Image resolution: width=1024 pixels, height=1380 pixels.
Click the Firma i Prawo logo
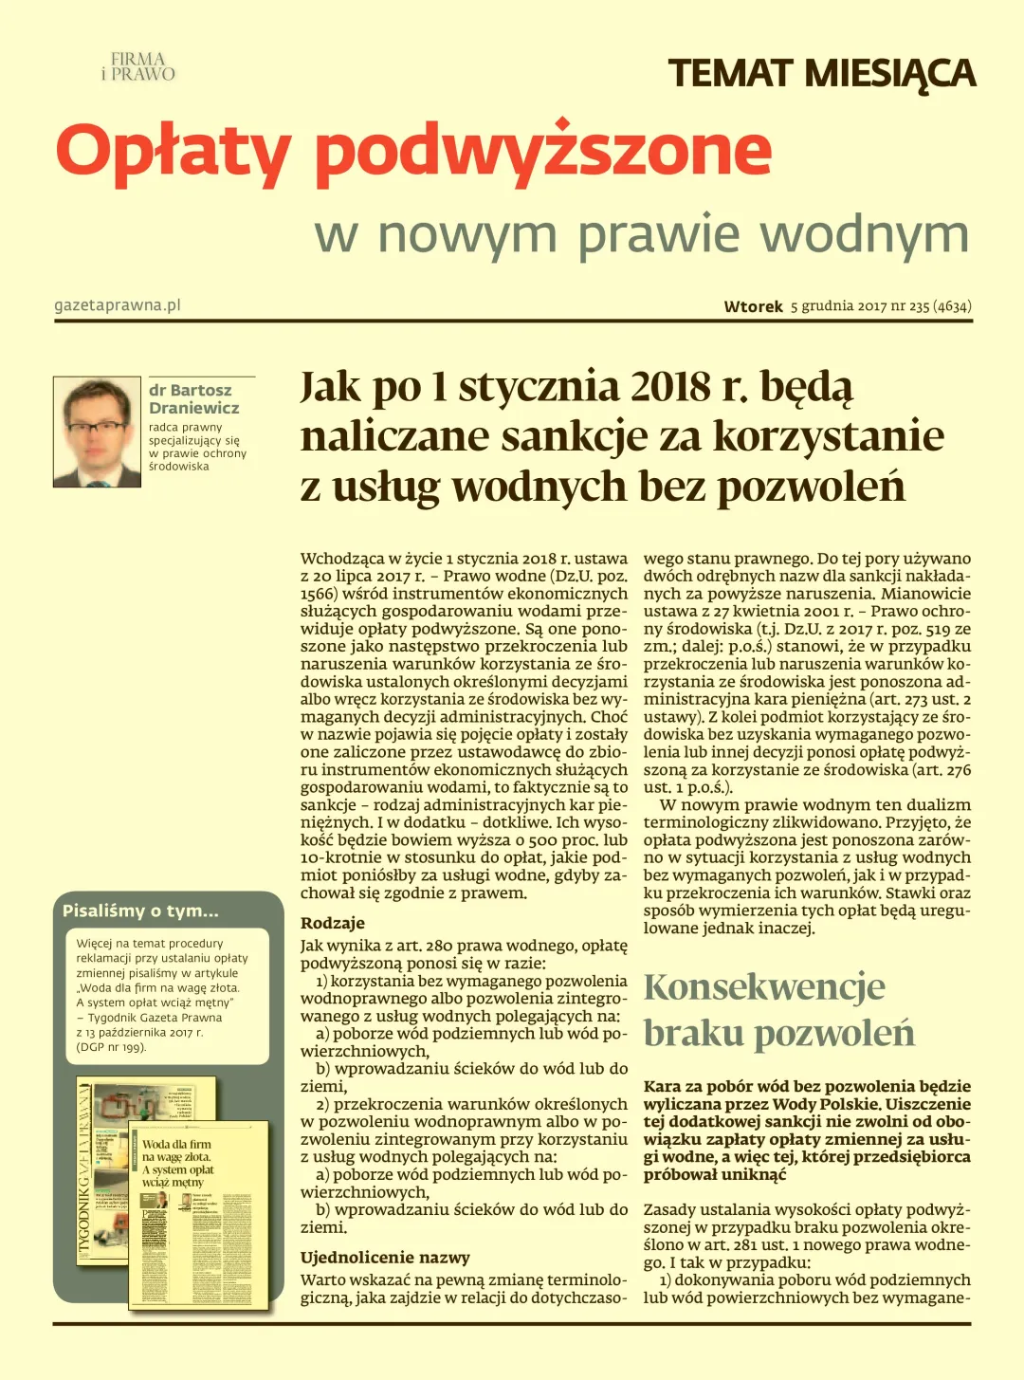tap(138, 66)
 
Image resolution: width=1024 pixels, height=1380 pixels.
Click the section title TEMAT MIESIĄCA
tap(821, 74)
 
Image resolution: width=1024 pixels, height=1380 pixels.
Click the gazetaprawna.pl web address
tap(118, 305)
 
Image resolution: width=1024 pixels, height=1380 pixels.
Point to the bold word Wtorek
tap(753, 306)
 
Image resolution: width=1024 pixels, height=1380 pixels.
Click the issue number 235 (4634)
tap(940, 306)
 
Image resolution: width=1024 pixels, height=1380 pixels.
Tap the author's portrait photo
tap(97, 432)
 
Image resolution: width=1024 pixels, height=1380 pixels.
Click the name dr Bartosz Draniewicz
tap(193, 399)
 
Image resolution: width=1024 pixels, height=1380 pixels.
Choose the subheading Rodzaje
tap(332, 923)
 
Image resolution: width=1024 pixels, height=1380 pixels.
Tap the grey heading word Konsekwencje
tap(764, 987)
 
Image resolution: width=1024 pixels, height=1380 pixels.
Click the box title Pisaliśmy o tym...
tap(140, 911)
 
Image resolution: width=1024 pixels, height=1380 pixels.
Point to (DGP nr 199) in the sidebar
tap(111, 1047)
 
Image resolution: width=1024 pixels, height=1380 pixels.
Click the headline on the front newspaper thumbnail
tap(177, 1163)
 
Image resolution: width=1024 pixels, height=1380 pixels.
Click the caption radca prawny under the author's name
tap(185, 427)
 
